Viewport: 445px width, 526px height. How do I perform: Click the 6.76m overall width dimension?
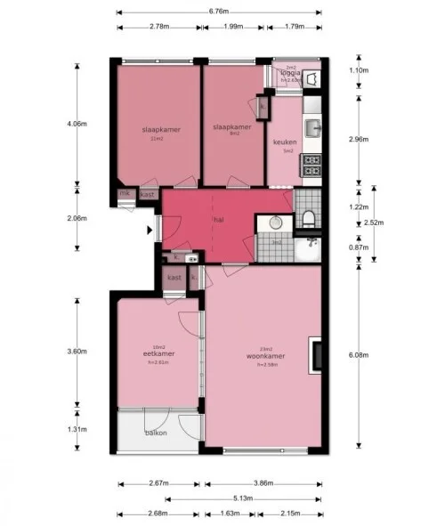click(x=218, y=12)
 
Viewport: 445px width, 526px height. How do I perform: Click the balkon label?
click(x=157, y=433)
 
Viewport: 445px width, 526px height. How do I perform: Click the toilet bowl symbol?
click(x=308, y=219)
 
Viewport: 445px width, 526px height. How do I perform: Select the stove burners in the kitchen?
click(x=311, y=165)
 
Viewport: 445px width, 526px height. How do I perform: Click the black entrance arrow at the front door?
click(x=150, y=230)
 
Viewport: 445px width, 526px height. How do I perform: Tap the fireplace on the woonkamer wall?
click(x=314, y=354)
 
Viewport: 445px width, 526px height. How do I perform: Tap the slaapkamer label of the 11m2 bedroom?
click(x=161, y=130)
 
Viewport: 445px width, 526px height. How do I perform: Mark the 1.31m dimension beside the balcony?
click(x=79, y=430)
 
